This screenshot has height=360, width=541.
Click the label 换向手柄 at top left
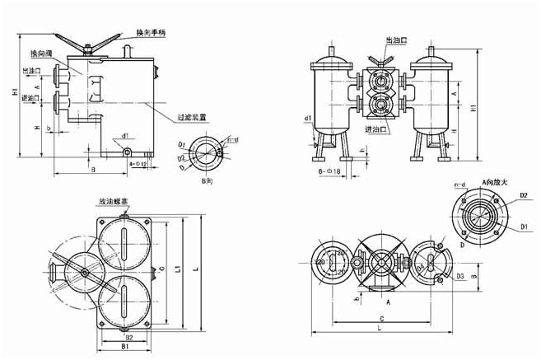click(x=153, y=32)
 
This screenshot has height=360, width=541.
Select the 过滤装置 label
click(x=190, y=118)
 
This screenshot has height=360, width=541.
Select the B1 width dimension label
click(x=122, y=348)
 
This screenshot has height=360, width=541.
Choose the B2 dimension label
click(x=128, y=338)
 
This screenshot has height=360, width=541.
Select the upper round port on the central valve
click(x=381, y=82)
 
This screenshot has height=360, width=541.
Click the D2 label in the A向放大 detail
click(x=522, y=195)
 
